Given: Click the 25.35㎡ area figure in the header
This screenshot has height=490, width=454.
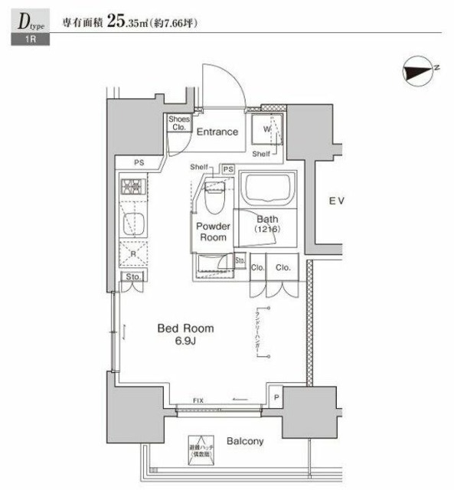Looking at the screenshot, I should click(x=132, y=21).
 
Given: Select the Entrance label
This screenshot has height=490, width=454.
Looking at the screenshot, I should click(x=217, y=132).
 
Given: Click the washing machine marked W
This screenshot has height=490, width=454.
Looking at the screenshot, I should click(x=267, y=129).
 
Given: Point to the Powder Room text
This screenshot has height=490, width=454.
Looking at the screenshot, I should click(x=214, y=232).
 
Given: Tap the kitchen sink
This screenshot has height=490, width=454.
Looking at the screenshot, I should click(x=129, y=223).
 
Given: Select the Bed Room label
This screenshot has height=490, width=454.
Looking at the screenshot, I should click(x=185, y=328).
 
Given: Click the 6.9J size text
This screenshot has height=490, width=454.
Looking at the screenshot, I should click(x=185, y=341).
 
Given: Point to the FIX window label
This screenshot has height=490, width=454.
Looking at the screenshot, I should click(x=198, y=400).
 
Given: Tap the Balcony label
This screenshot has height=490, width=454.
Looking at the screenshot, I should click(x=245, y=441).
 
